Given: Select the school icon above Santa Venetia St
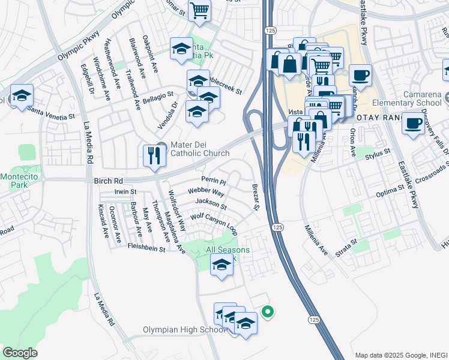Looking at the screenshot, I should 22,96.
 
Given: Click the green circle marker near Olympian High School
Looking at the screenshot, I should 268,311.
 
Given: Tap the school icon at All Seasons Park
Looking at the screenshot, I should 221,264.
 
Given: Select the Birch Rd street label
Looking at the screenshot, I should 109,179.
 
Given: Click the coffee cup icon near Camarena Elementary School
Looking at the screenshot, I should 412,123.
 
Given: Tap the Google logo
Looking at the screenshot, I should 20,353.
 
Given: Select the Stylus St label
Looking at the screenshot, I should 378,156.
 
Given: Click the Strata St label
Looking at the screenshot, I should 346,245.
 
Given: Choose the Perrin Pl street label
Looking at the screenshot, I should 213,181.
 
